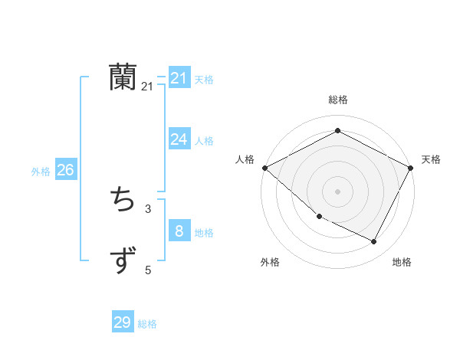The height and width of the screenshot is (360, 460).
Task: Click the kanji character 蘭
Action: pyautogui.click(x=123, y=77)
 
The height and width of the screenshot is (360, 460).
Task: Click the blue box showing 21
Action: pyautogui.click(x=179, y=78)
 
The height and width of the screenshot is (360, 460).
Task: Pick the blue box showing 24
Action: pyautogui.click(x=179, y=139)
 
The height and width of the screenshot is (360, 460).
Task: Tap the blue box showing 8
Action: pyautogui.click(x=179, y=231)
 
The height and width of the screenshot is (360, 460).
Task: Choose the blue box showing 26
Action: pyautogui.click(x=65, y=170)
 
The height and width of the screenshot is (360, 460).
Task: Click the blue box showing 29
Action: pyautogui.click(x=123, y=322)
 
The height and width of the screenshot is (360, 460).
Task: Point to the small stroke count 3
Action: pyautogui.click(x=147, y=208)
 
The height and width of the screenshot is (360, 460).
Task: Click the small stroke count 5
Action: pyautogui.click(x=148, y=270)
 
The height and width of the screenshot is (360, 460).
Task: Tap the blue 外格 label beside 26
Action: pyautogui.click(x=41, y=172)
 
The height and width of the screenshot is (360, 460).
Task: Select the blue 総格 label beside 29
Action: pyautogui.click(x=147, y=324)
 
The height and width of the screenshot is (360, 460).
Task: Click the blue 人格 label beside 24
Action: pyautogui.click(x=204, y=141)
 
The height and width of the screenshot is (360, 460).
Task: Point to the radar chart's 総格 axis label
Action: pyautogui.click(x=337, y=100)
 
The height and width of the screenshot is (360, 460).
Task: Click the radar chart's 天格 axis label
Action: pyautogui.click(x=431, y=159)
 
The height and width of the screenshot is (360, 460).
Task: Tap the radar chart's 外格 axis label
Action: pyautogui.click(x=270, y=262)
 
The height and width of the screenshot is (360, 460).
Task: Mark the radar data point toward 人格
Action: pyautogui.click(x=264, y=168)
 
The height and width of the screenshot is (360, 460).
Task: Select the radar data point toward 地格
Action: pyautogui.click(x=374, y=242)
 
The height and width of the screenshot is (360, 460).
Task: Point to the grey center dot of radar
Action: pyautogui.click(x=337, y=191)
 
